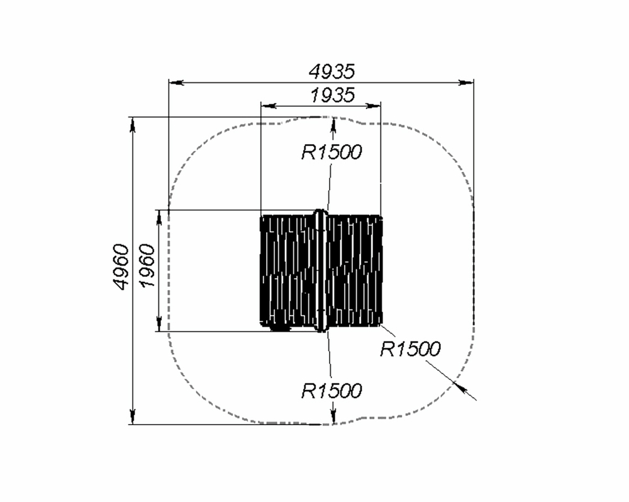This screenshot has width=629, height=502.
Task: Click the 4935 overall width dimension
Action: [331, 72]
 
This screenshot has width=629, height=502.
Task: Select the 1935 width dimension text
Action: [333, 96]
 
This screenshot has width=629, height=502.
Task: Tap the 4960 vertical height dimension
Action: [121, 267]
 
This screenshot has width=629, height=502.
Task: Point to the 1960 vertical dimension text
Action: [146, 265]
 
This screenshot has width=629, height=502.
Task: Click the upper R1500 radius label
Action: [331, 152]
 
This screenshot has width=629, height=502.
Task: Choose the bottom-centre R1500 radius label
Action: [331, 391]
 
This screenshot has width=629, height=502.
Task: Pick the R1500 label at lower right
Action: [410, 349]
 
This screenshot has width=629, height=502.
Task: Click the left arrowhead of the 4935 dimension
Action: [176, 82]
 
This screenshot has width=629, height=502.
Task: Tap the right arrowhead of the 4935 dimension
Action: [466, 82]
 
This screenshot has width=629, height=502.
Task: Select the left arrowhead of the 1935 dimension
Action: [269, 106]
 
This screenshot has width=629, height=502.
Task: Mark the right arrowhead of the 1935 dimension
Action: [373, 106]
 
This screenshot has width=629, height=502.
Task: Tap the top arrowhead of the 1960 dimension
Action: [159, 217]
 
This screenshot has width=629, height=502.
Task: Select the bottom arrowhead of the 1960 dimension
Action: [159, 324]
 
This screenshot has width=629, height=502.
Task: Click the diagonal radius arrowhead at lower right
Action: [459, 386]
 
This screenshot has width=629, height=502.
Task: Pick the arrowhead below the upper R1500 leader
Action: [333, 125]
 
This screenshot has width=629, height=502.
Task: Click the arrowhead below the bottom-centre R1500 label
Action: [333, 417]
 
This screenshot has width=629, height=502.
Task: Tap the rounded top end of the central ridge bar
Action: [320, 212]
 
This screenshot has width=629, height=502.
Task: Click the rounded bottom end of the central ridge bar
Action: [320, 329]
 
